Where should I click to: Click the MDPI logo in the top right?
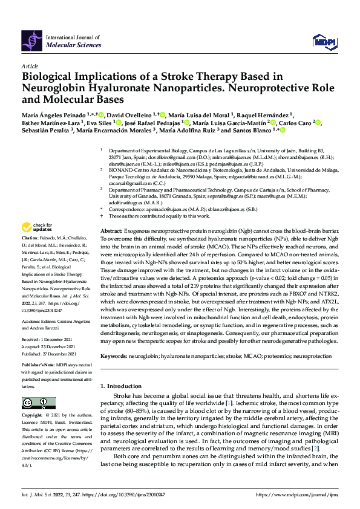tap(322, 41)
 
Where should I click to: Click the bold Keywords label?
tap(114, 357)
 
